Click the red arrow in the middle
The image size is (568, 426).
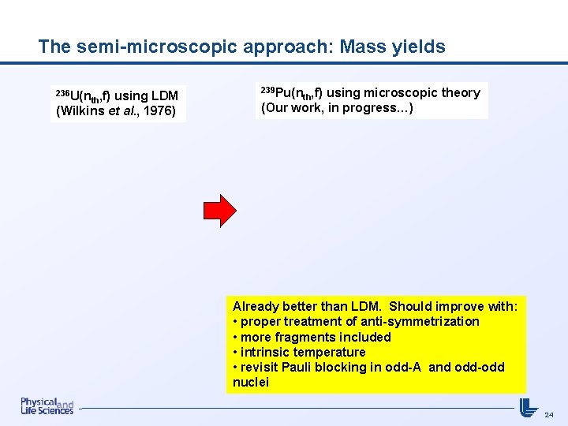coord(220,209)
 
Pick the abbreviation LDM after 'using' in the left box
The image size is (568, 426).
coord(163,96)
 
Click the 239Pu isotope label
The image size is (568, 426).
coord(275,93)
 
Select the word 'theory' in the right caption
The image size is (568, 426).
coord(461,93)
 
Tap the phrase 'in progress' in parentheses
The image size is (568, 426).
coord(371,108)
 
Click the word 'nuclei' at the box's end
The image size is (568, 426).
coord(251,383)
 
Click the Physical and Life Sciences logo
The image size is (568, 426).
coord(47,405)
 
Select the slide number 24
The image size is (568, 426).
coord(549,414)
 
